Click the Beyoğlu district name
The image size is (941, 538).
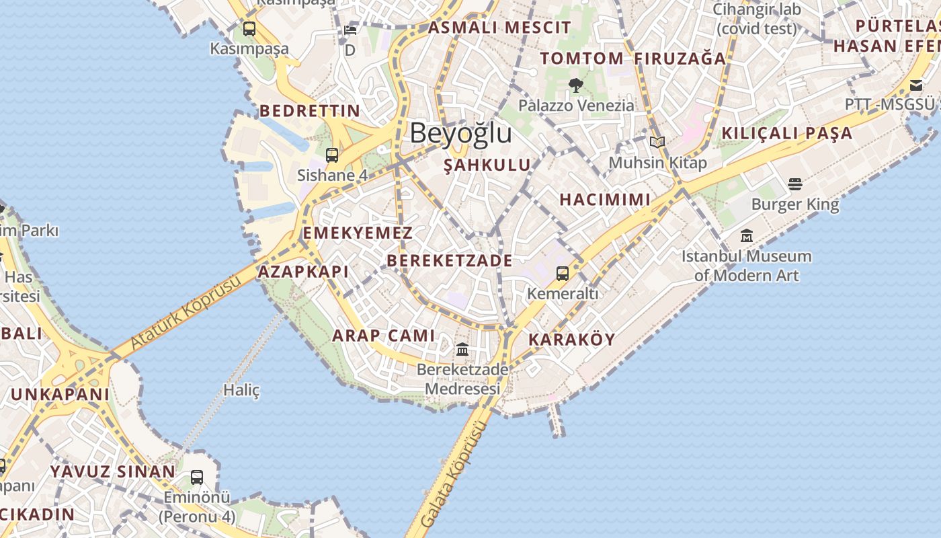(x=460, y=133)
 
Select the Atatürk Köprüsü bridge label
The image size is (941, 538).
(x=185, y=313)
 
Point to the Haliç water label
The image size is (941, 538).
(x=241, y=390)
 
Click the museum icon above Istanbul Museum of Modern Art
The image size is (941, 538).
(x=747, y=236)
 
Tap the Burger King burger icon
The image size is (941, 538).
(x=795, y=184)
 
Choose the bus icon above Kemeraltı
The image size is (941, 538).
(x=563, y=274)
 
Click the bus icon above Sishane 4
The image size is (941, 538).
(x=332, y=155)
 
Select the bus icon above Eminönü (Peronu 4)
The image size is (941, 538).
(x=197, y=477)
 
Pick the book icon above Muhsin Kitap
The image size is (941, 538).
(x=657, y=143)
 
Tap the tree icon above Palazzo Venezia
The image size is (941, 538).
(x=575, y=85)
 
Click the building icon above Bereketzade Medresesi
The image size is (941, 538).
(x=462, y=350)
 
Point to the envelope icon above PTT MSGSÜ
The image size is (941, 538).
(x=916, y=85)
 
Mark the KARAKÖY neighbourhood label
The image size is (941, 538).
(x=572, y=340)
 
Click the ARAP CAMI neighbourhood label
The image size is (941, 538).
(x=384, y=336)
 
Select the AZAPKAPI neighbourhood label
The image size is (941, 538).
(x=303, y=272)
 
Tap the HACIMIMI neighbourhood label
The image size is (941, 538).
(x=605, y=200)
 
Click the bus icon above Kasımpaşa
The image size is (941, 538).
(x=249, y=29)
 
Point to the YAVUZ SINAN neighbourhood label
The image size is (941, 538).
(x=112, y=471)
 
